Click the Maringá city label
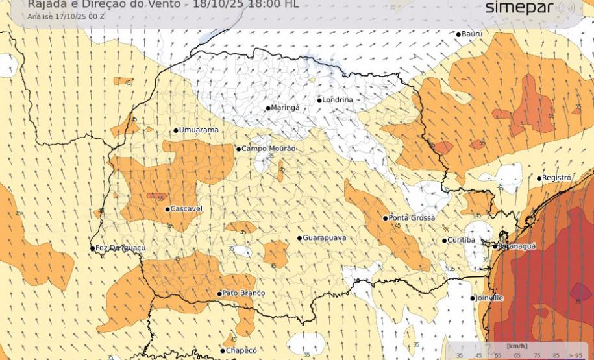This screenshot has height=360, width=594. [285, 108]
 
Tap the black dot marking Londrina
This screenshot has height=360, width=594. [319, 100]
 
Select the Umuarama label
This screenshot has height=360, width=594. [199, 130]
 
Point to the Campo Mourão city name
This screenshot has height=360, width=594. [268, 149]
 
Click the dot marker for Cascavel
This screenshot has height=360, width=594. [167, 209]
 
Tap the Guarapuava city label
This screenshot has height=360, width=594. [324, 238]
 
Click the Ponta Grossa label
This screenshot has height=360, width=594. [412, 218]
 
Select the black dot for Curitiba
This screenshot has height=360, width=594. [445, 241]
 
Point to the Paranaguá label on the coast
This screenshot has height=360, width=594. [517, 246]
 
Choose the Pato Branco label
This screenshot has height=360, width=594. [243, 293]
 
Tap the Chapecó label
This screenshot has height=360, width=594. [241, 350]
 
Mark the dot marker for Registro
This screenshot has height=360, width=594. [539, 178]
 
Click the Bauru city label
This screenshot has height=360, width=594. [472, 34]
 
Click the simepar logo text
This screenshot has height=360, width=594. [519, 8]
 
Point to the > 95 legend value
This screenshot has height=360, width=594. [575, 355]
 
